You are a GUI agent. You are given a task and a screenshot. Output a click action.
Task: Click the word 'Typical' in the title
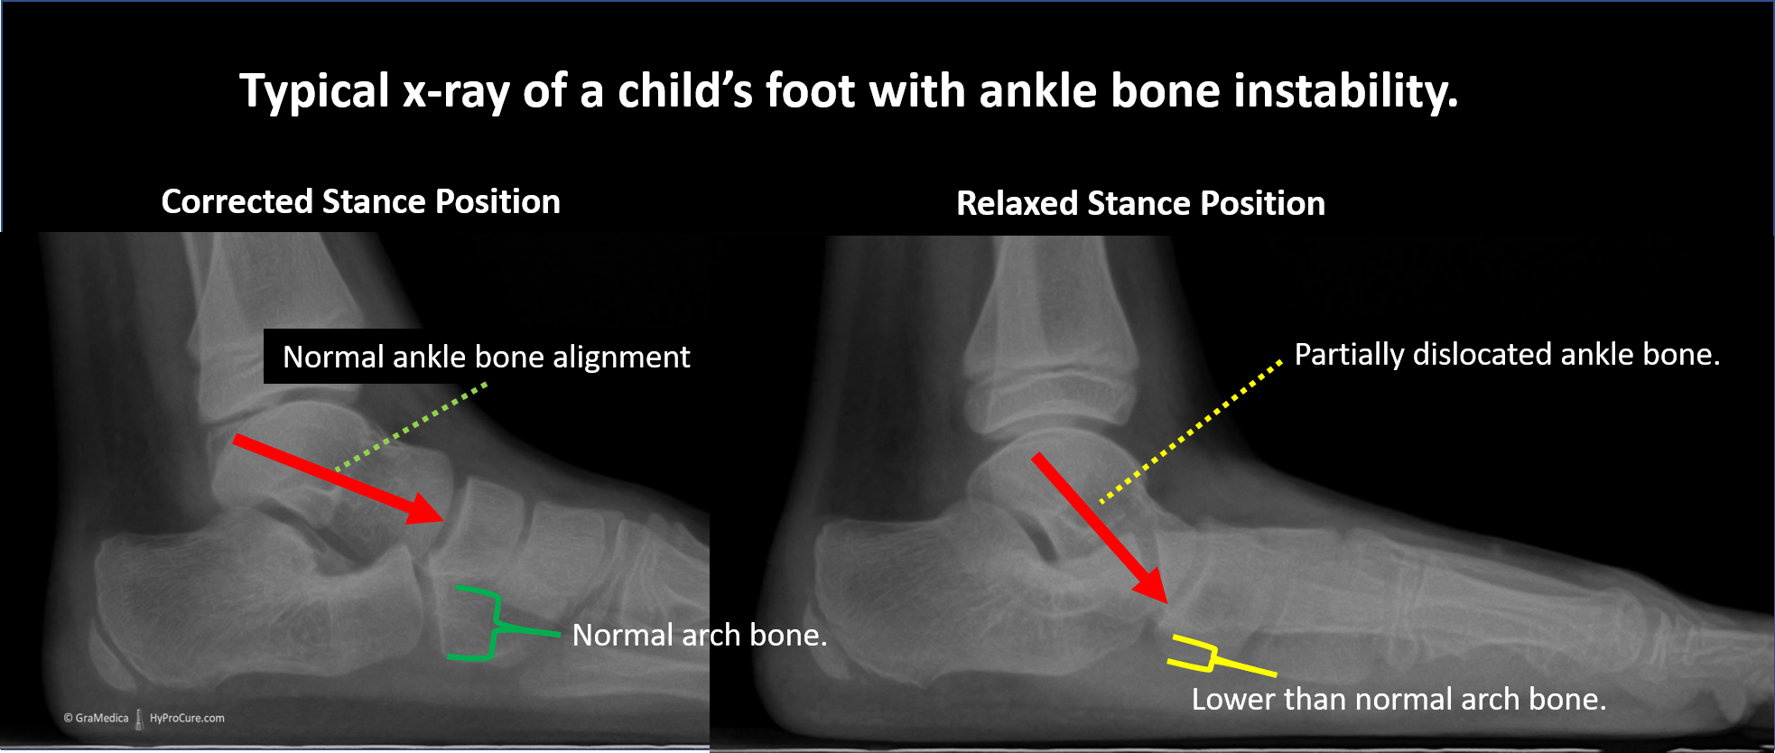(x=314, y=92)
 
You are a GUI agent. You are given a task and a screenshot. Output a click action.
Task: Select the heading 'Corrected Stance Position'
(x=361, y=201)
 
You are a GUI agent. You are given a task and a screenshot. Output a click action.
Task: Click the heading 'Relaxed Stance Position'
(x=1140, y=203)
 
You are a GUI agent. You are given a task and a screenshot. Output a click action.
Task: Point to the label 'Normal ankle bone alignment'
(x=487, y=357)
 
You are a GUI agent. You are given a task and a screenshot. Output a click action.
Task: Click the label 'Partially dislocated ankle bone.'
(x=1507, y=354)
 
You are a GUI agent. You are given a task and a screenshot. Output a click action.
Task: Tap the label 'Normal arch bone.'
(x=700, y=635)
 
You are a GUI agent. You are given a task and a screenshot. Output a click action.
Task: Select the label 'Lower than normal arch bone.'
(x=1399, y=699)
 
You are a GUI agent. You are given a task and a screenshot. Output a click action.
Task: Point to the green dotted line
(x=412, y=426)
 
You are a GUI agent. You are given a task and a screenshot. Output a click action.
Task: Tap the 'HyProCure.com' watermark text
(x=187, y=719)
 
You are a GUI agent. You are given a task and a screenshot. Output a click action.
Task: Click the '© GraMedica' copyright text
(x=97, y=719)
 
